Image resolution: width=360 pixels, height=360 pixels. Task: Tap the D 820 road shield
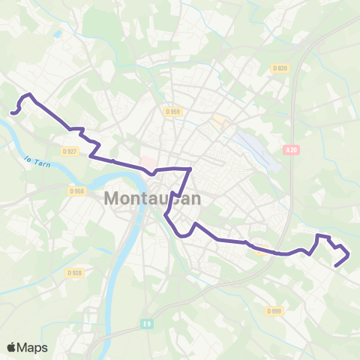point(279,68)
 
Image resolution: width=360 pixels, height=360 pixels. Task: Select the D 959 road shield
point(172,112)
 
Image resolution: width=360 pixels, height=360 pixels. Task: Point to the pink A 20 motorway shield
point(292,150)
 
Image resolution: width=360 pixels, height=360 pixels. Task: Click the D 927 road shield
point(70,151)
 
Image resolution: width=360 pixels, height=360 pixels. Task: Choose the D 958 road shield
point(76,191)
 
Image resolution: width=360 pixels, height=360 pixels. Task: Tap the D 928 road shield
point(73,272)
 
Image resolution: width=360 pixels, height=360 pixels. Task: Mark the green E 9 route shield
point(147,323)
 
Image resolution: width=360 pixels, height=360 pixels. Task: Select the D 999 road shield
point(273,310)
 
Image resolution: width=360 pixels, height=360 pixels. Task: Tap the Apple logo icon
point(12,347)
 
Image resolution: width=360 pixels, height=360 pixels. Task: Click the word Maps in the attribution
point(33,347)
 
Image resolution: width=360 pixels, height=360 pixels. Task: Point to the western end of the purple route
point(12,112)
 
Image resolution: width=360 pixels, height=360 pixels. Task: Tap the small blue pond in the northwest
point(58,34)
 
